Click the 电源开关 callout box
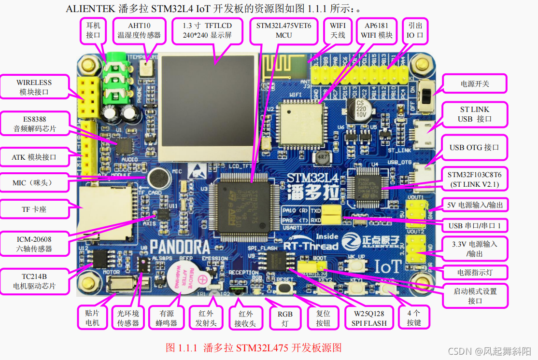(x=475, y=83)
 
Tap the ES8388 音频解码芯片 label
(x=34, y=124)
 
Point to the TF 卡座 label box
(x=34, y=209)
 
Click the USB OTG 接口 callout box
(x=474, y=147)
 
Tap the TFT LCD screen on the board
(x=207, y=108)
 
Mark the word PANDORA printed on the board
(x=180, y=247)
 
